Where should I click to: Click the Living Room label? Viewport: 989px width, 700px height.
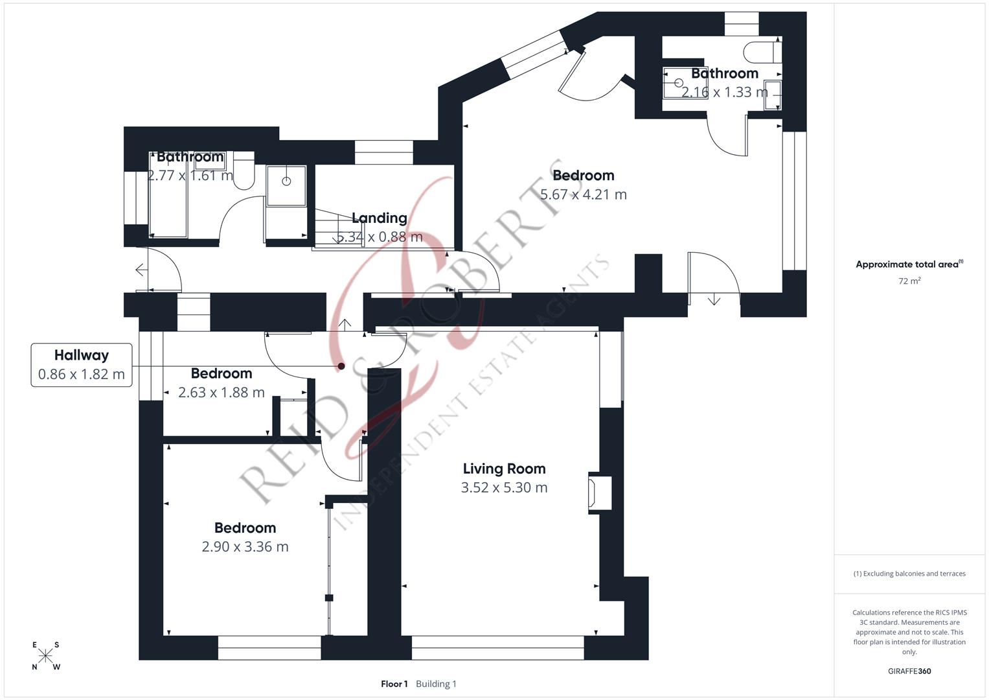tap(504, 469)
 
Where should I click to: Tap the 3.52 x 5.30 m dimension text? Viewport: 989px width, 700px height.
tap(504, 487)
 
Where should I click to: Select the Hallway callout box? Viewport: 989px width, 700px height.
tap(82, 365)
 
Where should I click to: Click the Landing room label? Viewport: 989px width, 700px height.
tap(379, 218)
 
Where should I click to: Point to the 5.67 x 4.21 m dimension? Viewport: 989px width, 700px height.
tap(583, 194)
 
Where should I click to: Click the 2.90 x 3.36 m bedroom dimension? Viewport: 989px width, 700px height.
tap(245, 546)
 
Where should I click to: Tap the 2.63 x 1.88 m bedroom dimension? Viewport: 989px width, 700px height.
tap(221, 392)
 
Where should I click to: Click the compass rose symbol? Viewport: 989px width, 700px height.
tap(45, 656)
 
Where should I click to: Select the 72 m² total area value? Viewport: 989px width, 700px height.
tap(909, 281)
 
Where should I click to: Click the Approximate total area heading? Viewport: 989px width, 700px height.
tap(909, 264)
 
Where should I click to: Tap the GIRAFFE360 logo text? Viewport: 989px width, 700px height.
tap(909, 671)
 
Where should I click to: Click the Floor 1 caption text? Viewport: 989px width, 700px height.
tap(394, 684)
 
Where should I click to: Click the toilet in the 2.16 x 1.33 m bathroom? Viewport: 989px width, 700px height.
tap(762, 51)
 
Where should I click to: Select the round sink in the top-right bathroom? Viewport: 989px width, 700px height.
tap(678, 83)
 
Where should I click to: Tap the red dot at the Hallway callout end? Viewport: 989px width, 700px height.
tap(341, 366)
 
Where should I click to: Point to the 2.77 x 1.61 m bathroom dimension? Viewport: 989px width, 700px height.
tap(190, 176)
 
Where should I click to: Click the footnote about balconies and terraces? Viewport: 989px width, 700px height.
tap(909, 574)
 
